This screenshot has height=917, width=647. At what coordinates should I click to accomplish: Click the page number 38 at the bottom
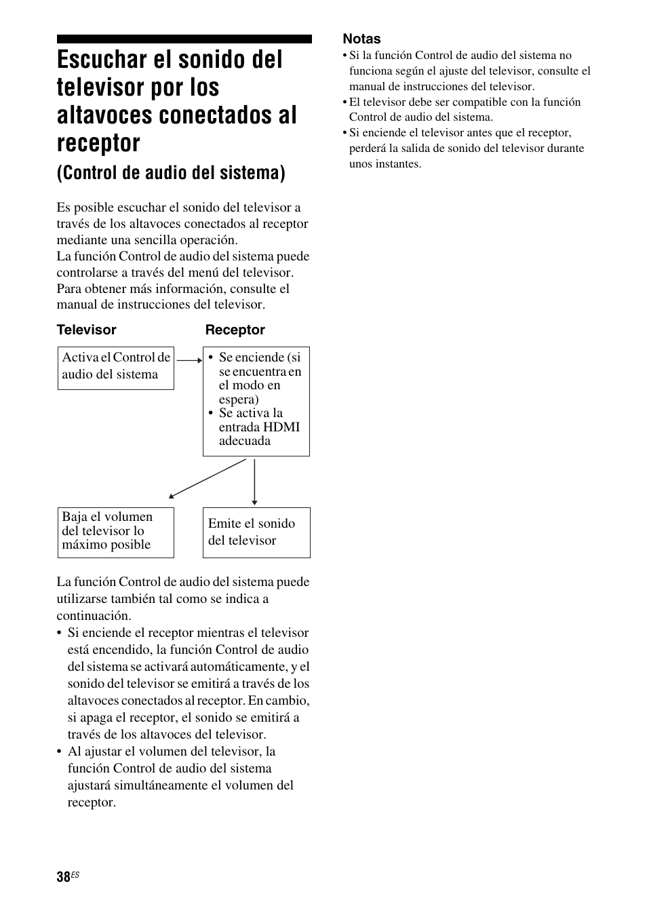pos(63,877)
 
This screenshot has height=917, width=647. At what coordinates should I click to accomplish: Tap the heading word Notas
pos(361,39)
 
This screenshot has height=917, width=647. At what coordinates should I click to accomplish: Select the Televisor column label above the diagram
pos(86,330)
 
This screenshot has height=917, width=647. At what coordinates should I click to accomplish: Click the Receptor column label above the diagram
pos(235,330)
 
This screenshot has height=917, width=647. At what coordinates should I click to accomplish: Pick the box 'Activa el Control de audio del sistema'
pos(115,368)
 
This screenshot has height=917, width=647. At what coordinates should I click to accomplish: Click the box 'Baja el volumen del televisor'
pos(115,532)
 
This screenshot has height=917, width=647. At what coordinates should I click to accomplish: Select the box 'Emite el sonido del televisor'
pos(256,532)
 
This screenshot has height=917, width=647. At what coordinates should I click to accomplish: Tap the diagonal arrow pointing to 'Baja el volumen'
pos(207,479)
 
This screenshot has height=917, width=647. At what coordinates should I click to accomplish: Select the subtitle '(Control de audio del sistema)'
pos(171,173)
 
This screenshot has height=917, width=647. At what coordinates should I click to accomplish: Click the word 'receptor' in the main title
pos(98,143)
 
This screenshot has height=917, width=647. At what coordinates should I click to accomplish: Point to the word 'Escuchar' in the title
pos(100,60)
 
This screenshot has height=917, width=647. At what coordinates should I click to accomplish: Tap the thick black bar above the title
pos(184,39)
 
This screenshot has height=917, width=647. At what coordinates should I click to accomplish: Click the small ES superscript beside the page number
pos(75,874)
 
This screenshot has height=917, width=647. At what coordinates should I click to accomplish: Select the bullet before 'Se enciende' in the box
pos(211,357)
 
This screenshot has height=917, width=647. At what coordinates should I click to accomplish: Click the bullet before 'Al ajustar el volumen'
pos(60,752)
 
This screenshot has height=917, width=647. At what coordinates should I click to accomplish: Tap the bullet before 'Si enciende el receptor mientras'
pos(60,633)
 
